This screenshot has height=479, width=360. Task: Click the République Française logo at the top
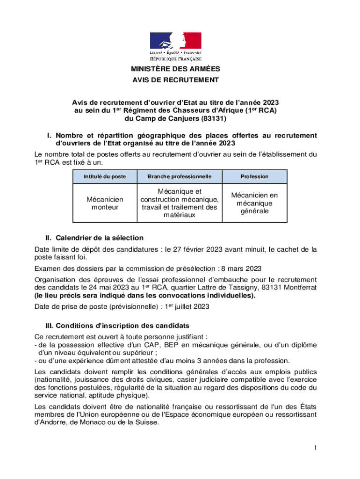tap(175, 47)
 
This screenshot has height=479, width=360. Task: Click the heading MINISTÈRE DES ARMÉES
tap(175, 69)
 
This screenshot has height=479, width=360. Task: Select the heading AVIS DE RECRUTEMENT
tap(175, 80)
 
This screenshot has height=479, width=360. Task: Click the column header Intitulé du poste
tap(105, 176)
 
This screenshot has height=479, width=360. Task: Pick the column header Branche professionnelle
tap(180, 176)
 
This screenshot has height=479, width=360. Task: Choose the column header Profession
tap(254, 176)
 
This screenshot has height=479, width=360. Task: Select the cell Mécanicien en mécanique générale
tap(254, 203)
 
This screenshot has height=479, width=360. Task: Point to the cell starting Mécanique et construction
tap(180, 203)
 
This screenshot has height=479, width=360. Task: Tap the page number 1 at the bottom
tap(316, 449)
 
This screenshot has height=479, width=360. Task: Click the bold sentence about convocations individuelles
tap(145, 296)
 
